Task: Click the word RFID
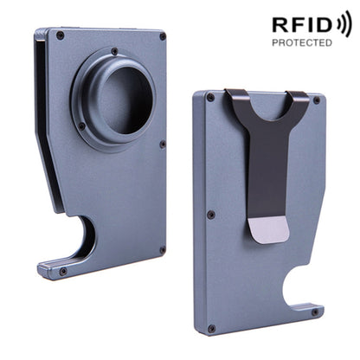[299, 24]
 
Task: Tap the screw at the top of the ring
[114, 51]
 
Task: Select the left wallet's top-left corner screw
[60, 35]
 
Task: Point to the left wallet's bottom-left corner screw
[62, 272]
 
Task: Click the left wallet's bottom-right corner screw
[161, 251]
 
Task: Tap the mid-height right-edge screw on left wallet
[162, 144]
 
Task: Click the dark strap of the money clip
[268, 156]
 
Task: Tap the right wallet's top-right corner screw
[316, 100]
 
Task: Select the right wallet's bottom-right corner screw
[315, 312]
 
